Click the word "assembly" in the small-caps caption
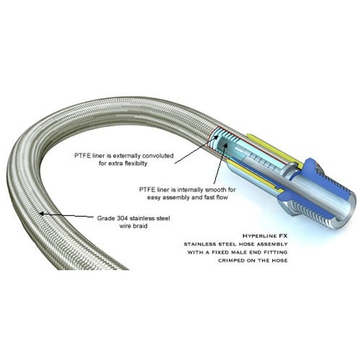tap(273, 244)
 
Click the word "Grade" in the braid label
tap(105, 218)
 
